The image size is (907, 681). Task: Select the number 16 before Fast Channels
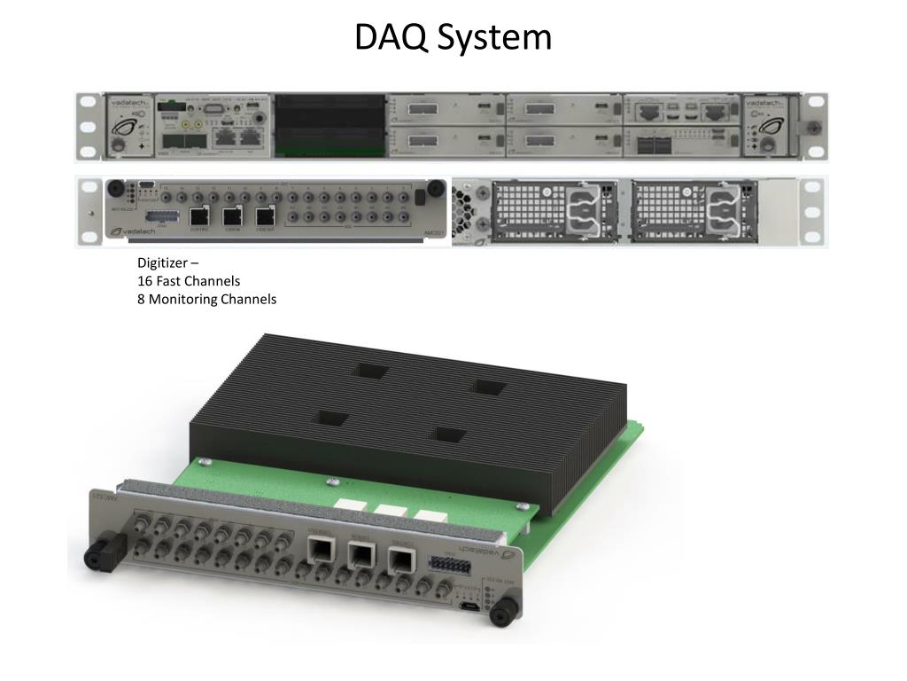tap(143, 281)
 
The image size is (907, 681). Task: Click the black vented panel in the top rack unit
tap(329, 125)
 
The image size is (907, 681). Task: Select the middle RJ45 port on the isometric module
tap(360, 553)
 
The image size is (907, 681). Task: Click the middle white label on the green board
tap(388, 510)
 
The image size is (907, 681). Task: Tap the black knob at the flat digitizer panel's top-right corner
tap(436, 190)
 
